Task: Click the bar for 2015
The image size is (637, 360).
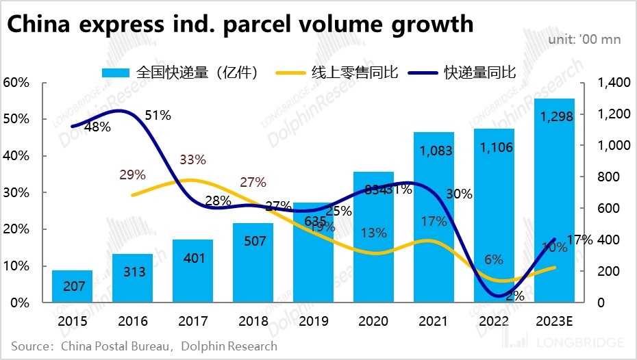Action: (x=72, y=286)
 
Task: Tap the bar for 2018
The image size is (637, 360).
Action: (x=253, y=263)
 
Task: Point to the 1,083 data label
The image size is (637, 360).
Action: (x=434, y=150)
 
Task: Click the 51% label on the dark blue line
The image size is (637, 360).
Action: (x=158, y=116)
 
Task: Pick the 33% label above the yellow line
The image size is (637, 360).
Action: (x=192, y=160)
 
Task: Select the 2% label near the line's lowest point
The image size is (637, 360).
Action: (x=515, y=296)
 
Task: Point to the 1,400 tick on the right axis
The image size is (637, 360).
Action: (x=613, y=83)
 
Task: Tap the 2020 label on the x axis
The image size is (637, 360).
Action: (x=373, y=321)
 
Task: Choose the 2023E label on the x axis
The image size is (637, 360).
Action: (x=554, y=321)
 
